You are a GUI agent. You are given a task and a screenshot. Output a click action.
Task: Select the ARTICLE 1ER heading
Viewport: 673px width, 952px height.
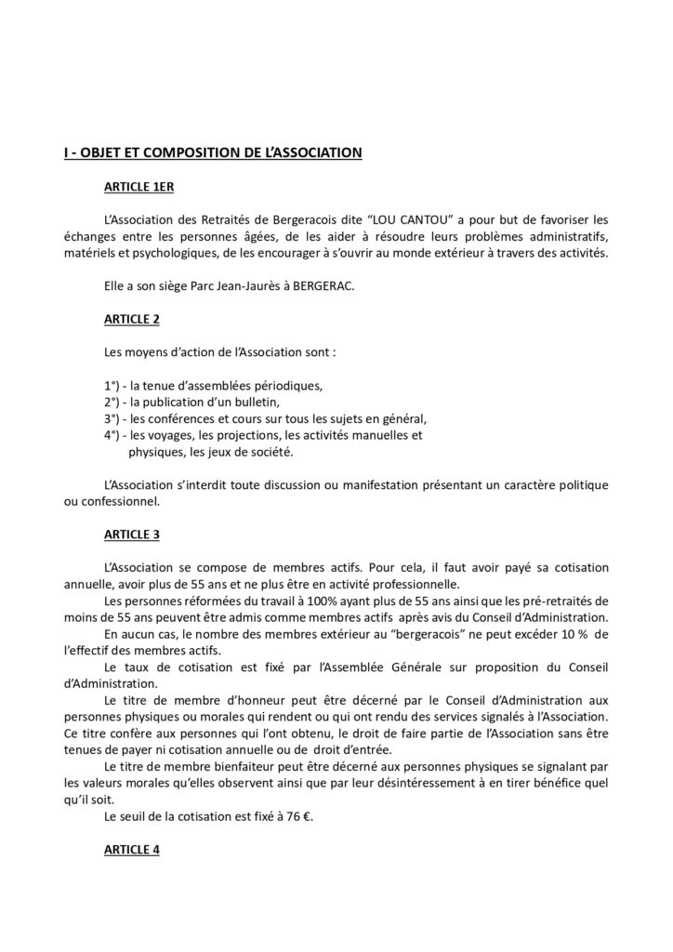[x=139, y=188]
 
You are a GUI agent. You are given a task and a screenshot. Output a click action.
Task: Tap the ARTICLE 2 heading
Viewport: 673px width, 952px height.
[x=132, y=320]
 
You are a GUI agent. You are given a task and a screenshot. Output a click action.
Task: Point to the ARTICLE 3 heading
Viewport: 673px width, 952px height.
[x=132, y=535]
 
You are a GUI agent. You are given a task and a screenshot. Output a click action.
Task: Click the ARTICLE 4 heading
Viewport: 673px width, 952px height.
[x=132, y=850]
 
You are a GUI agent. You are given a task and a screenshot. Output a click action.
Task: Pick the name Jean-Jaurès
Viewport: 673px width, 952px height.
[x=262, y=287]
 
